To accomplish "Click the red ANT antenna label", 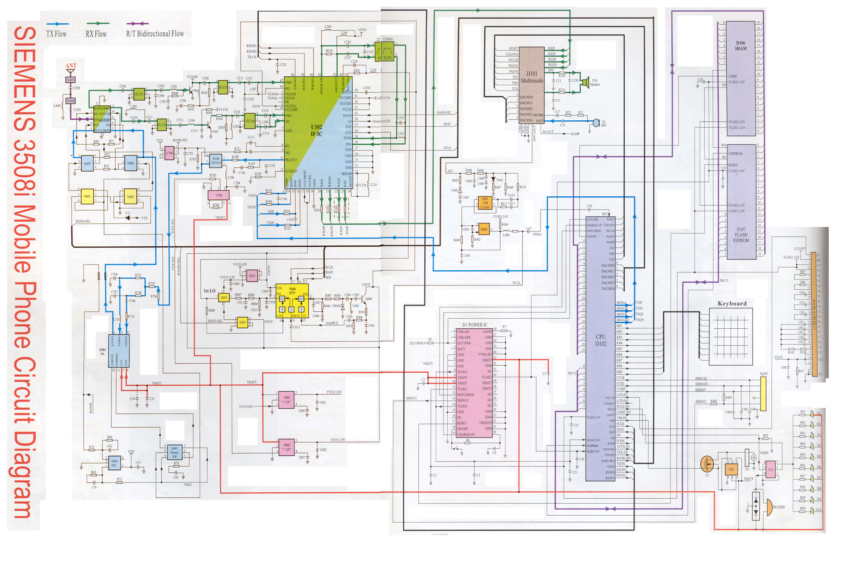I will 71,66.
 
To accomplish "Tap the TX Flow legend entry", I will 57,34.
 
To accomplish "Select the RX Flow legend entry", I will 96,34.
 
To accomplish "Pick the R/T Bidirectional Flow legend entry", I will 154,34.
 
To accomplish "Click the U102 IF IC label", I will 316,131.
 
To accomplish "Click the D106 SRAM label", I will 741,46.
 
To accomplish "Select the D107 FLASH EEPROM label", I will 741,235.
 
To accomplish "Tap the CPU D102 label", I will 601,340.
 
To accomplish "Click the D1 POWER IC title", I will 475,325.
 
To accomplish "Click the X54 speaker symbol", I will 586,83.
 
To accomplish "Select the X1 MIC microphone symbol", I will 596,123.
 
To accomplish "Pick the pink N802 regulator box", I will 287,447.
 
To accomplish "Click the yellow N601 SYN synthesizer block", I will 292,301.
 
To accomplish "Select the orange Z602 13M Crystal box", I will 485,203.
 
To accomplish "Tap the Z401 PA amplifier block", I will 119,351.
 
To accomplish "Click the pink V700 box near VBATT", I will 219,195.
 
